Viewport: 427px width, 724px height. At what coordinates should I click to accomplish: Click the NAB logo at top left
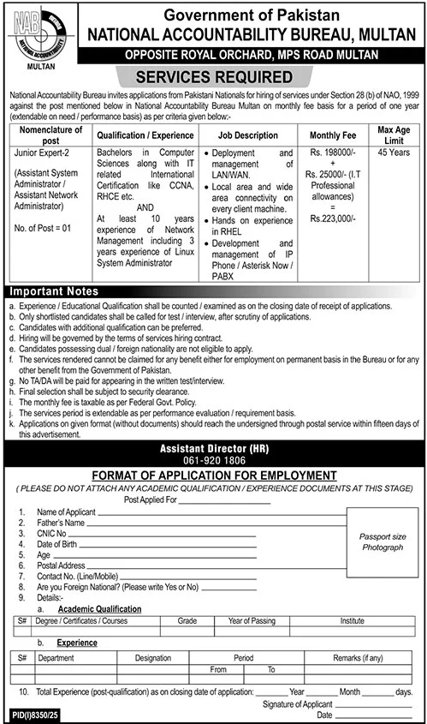coord(36,33)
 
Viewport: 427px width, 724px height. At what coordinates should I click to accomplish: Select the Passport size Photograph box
coord(382,541)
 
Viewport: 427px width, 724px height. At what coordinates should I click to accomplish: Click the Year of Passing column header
coord(252,621)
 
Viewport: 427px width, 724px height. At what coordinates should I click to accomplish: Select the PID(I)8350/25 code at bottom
coord(32,714)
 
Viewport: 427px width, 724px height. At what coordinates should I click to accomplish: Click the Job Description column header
coord(247,135)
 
